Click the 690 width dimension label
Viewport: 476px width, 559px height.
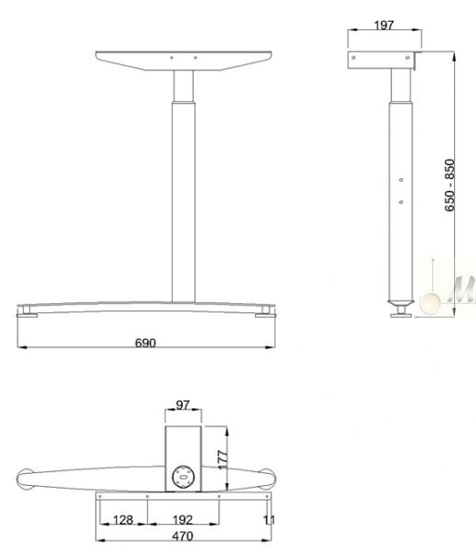click(145, 343)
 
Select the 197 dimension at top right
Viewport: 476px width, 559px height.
click(384, 25)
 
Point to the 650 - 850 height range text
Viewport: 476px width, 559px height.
click(450, 187)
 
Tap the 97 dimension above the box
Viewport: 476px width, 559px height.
click(183, 405)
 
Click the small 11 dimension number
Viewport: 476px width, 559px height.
click(268, 520)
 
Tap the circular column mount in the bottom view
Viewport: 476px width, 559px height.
click(183, 476)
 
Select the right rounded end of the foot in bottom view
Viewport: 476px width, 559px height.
click(266, 479)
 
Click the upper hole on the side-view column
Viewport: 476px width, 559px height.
click(401, 180)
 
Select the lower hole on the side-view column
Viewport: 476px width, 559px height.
click(401, 200)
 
